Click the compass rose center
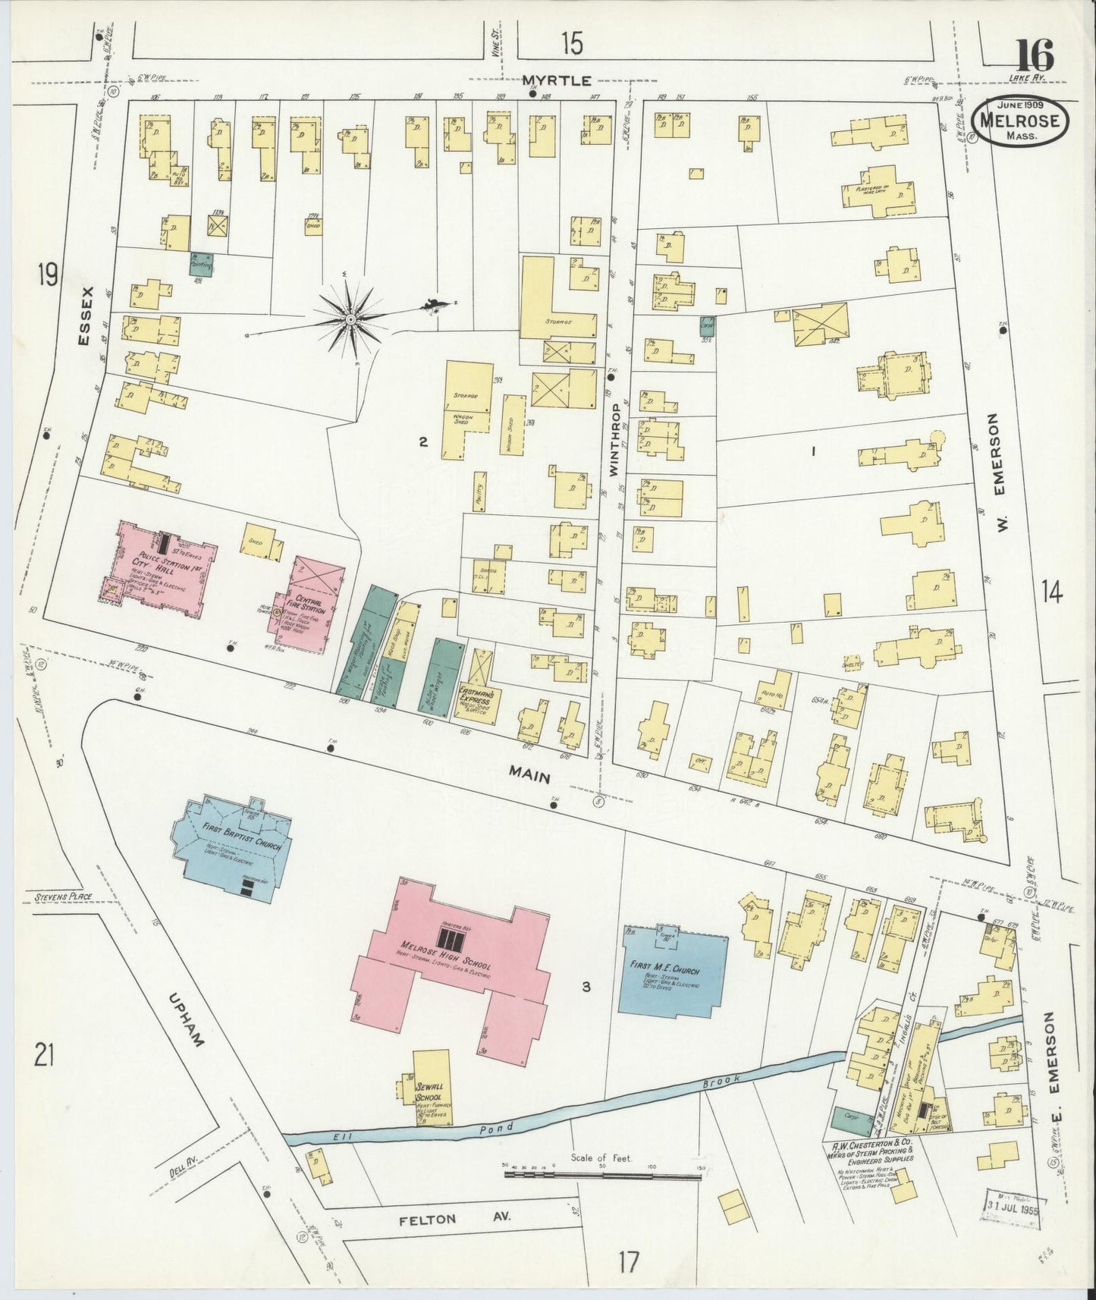350,320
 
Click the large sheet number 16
1035,55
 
